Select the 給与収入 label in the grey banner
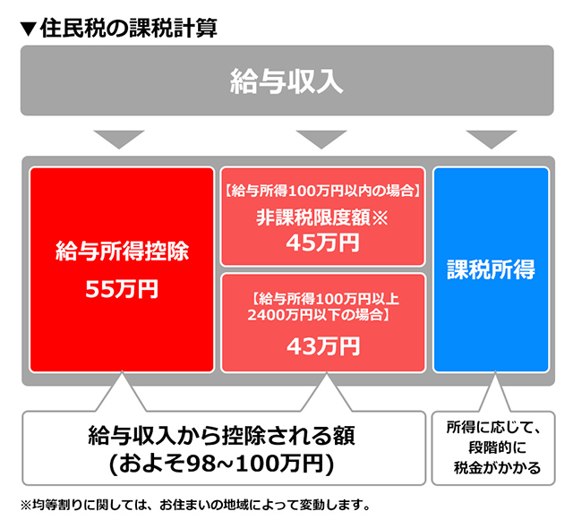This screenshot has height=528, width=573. click(x=286, y=81)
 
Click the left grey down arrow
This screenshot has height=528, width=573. click(x=118, y=139)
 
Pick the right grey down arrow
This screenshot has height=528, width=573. click(x=491, y=139)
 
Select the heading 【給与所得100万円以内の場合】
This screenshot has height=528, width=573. click(x=322, y=190)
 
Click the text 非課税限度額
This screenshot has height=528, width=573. click(x=311, y=216)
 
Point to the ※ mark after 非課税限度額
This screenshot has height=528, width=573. click(x=380, y=216)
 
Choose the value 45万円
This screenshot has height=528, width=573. click(x=322, y=242)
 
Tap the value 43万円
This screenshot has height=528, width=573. click(x=322, y=345)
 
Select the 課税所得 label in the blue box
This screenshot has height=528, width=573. click(x=491, y=269)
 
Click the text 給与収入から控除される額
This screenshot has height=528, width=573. click(x=222, y=436)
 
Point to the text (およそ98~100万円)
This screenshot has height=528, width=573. click(x=221, y=463)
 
